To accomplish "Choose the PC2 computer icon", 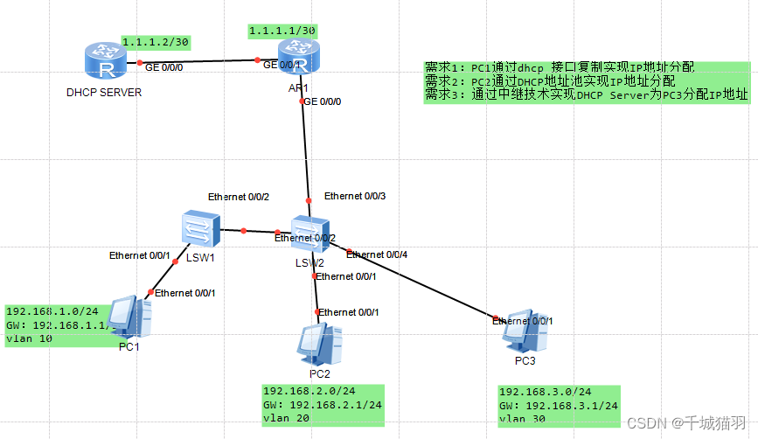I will [x=319, y=345].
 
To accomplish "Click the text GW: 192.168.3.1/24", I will [x=558, y=406].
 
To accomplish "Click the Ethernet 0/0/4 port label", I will [x=377, y=254].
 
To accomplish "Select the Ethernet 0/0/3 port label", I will [x=355, y=196].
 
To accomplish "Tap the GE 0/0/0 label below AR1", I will [x=323, y=101].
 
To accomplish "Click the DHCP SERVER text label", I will [x=103, y=92].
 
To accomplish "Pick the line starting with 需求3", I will [x=586, y=95].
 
